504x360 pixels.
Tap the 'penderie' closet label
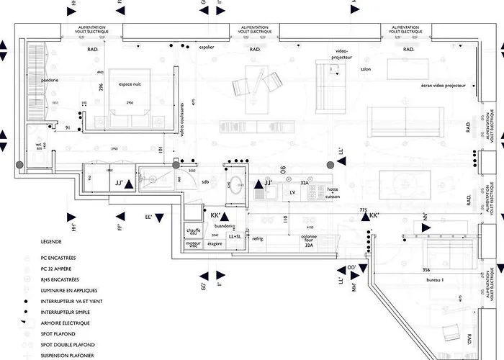point(49,80)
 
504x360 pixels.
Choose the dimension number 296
point(102,87)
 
